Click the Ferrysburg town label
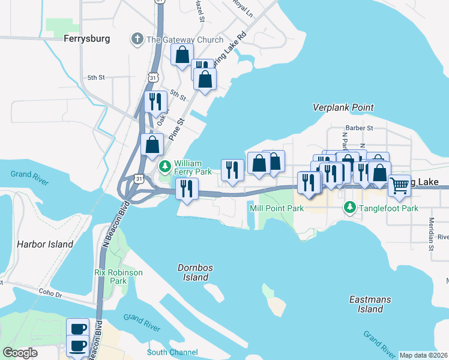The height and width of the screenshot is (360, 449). click(x=87, y=38)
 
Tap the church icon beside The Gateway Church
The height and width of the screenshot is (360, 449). click(x=137, y=40)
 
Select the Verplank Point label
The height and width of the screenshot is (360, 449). click(x=343, y=107)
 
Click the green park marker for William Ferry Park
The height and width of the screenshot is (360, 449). click(x=165, y=165)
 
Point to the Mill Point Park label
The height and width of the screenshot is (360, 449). click(x=277, y=208)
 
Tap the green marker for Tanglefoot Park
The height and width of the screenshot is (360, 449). click(x=350, y=208)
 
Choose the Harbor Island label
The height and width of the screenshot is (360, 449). click(x=45, y=244)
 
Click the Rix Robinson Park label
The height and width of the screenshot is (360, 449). click(x=119, y=276)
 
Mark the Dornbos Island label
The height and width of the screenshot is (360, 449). click(x=196, y=272)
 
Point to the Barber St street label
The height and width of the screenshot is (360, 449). click(x=359, y=128)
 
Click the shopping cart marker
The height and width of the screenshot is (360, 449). click(x=399, y=186)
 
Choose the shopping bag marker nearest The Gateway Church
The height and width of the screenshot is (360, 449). click(x=182, y=56)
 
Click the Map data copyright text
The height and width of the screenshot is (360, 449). click(x=423, y=355)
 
